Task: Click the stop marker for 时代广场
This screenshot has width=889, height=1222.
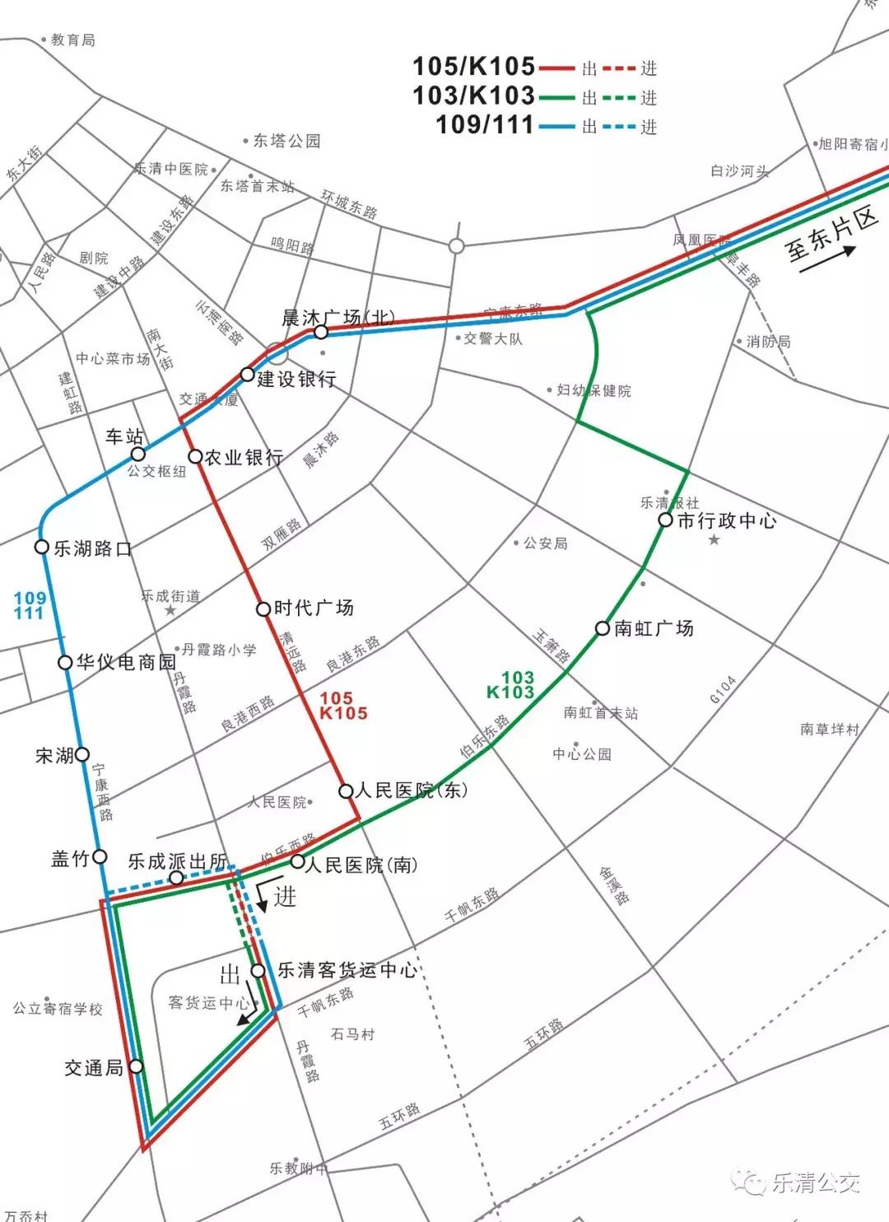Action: (263, 609)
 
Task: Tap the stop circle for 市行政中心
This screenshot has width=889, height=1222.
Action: (665, 520)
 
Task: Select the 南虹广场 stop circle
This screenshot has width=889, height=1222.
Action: (603, 629)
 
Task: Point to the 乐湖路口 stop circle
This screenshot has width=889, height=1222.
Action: (41, 547)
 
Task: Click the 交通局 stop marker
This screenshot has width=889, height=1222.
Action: (136, 1066)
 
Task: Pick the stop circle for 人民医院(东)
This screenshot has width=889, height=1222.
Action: (347, 791)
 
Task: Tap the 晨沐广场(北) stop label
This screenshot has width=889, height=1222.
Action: (338, 317)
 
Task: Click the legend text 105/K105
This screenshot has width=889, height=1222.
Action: (473, 66)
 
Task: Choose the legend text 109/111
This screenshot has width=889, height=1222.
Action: (485, 124)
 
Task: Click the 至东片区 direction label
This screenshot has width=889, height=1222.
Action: (831, 235)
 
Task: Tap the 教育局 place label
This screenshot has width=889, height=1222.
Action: (72, 40)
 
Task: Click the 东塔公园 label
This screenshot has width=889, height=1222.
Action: (286, 141)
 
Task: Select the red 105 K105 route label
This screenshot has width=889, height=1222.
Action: (343, 706)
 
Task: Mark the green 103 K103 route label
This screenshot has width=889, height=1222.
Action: (511, 684)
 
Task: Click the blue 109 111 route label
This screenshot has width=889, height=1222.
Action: (29, 605)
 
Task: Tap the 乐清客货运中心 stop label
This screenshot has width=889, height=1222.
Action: (347, 970)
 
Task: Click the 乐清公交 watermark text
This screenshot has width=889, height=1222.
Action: (815, 1183)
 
